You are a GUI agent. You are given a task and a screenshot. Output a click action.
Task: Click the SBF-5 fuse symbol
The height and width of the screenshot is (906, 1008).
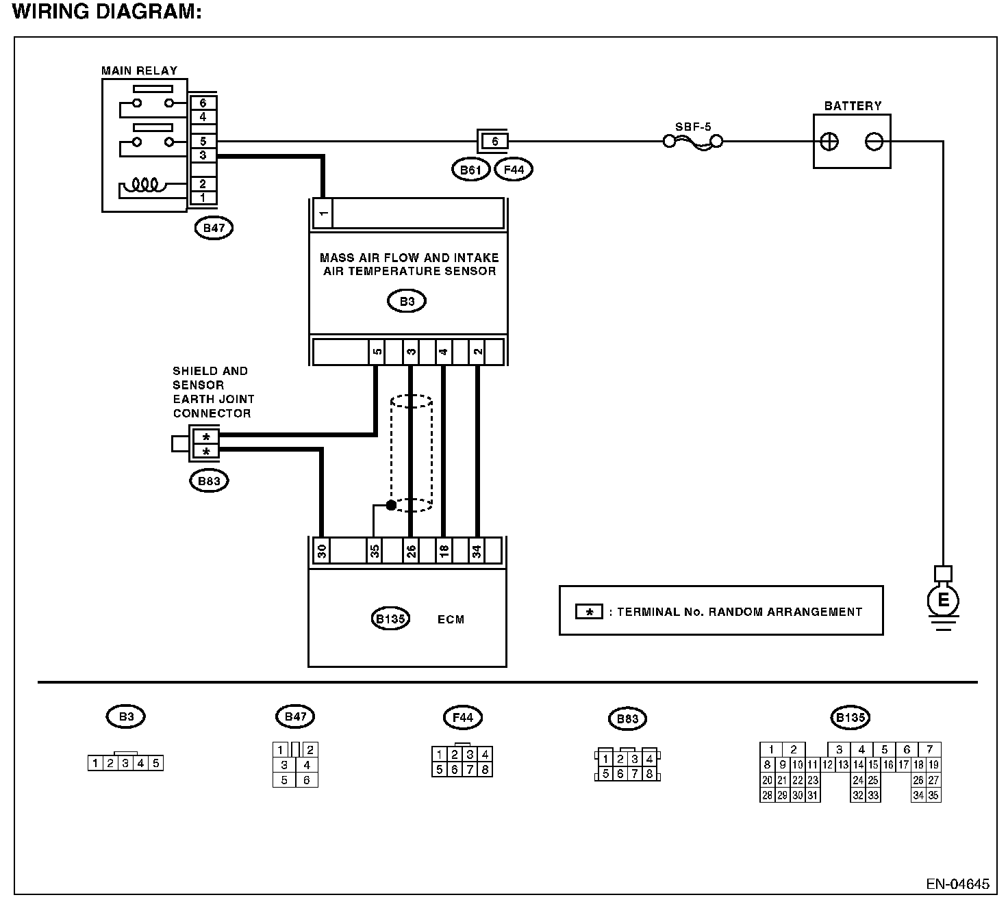(x=693, y=142)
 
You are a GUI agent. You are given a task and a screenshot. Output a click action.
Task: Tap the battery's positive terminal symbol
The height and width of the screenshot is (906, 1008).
(x=829, y=142)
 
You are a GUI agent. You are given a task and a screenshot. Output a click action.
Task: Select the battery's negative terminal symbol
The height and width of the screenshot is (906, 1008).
(x=874, y=142)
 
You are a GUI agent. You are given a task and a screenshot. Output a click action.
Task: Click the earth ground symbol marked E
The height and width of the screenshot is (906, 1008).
(x=943, y=601)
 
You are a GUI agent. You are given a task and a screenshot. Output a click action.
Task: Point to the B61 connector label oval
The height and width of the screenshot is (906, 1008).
(x=471, y=170)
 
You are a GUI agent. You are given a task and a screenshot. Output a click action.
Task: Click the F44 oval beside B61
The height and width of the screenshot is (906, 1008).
(x=514, y=170)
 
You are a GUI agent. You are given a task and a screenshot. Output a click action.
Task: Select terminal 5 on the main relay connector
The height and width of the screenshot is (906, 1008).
(x=203, y=141)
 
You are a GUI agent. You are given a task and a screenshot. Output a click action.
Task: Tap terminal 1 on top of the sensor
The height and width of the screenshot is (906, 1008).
(x=323, y=213)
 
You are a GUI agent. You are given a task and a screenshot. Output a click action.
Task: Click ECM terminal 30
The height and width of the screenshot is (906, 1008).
(x=322, y=551)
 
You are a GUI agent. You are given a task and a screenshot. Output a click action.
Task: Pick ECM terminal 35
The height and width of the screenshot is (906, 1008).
(x=375, y=551)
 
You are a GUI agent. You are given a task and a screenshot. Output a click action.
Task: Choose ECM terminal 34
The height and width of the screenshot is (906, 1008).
(x=477, y=551)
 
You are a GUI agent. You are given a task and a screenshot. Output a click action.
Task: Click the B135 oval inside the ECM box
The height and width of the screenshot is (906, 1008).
(x=390, y=619)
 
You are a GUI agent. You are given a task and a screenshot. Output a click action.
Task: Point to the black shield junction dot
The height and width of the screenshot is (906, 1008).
(x=391, y=505)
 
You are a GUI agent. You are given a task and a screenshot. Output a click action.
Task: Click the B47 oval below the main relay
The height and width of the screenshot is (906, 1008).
(x=214, y=228)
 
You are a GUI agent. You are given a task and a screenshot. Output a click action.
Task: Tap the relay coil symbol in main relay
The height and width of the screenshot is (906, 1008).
(x=145, y=185)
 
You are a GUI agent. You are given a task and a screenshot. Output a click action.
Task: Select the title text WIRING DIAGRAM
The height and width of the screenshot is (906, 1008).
(x=107, y=12)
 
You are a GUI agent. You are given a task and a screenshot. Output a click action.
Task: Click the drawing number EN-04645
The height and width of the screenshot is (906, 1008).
(x=958, y=884)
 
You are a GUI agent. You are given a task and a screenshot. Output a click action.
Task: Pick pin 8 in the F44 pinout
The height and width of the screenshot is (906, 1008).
(x=485, y=769)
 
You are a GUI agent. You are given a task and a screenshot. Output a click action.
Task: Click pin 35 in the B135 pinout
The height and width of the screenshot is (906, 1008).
(x=933, y=795)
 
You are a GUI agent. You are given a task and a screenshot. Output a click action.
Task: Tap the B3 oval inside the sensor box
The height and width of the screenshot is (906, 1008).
(x=407, y=301)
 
